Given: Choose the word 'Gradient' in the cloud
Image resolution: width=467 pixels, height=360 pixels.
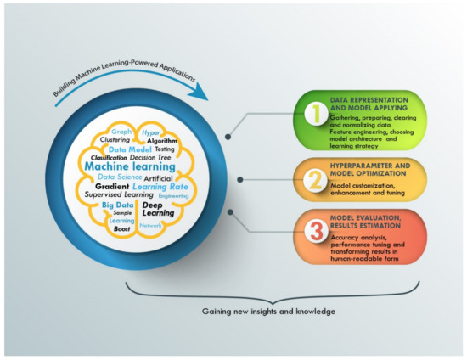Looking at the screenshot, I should (x=112, y=184).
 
